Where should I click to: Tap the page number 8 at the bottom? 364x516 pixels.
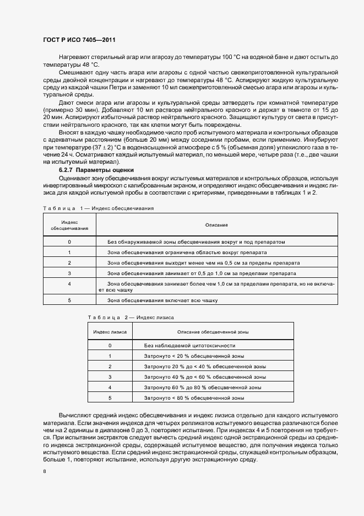tap(44, 472)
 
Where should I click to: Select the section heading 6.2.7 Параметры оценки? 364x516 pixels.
tap(86, 170)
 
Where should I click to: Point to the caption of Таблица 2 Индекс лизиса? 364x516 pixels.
tap(131, 318)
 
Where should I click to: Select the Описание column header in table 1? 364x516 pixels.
tap(216, 225)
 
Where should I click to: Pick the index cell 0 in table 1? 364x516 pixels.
tap(69, 242)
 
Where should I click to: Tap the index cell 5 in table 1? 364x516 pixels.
tap(69, 300)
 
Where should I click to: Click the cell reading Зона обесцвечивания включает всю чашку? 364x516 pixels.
tap(162, 300)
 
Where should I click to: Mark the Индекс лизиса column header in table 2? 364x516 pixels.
tap(110, 332)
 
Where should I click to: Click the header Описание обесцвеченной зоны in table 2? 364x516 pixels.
tap(213, 332)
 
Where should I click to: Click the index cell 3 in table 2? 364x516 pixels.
tap(110, 377)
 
